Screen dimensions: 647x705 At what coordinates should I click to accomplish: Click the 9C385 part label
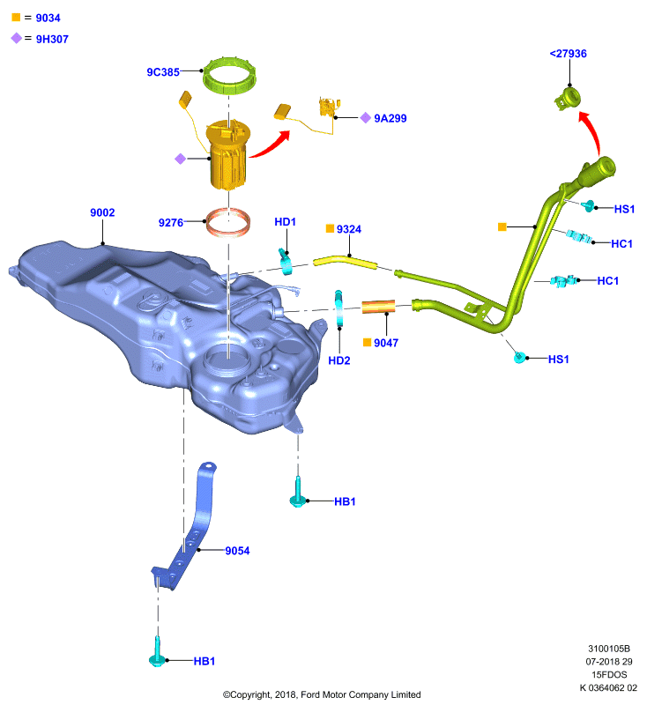coord(163,72)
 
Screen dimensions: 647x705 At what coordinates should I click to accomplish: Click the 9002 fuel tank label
coord(102,212)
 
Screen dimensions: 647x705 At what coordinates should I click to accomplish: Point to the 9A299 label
coord(390,118)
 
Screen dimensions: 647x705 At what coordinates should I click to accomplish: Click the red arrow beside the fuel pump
coord(271,144)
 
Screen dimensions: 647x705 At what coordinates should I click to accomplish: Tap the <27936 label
coord(569,54)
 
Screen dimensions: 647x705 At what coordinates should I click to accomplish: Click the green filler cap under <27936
coord(568,99)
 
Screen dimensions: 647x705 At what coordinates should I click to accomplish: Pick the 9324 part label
coord(349,229)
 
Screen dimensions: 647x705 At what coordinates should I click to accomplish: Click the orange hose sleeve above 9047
coord(378,307)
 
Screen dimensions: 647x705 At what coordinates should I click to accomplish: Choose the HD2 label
coord(339,360)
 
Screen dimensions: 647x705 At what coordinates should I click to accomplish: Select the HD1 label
coord(285,222)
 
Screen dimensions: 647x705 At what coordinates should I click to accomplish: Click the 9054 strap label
coord(237,551)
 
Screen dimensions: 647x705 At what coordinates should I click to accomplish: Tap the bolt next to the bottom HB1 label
coord(158,652)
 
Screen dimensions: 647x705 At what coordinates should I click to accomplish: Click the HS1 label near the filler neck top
coord(624,209)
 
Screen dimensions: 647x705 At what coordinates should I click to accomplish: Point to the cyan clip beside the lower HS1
coord(520,358)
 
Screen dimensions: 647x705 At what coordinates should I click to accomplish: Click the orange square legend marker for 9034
coord(16,17)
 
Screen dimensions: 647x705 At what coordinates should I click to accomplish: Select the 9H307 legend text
coord(52,39)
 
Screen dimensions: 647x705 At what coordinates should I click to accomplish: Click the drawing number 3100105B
coord(609,649)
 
